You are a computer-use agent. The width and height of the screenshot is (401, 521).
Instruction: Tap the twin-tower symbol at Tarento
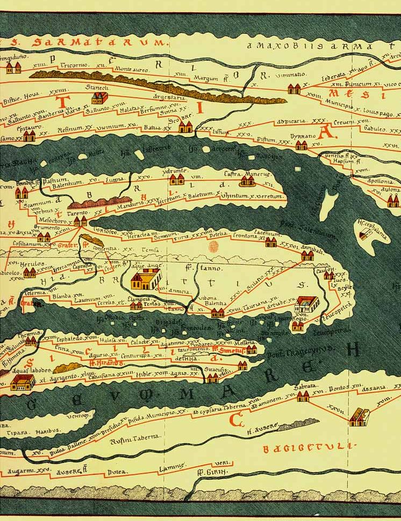tap(80, 221)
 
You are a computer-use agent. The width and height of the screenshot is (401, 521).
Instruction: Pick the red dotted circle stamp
tap(213, 247)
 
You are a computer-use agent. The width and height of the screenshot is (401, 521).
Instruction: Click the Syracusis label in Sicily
tap(217, 370)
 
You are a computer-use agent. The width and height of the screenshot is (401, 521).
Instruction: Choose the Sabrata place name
tap(305, 386)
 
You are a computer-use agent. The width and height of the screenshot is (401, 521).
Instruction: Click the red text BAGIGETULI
tap(310, 446)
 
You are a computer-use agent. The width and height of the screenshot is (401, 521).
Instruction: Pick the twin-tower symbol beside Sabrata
tap(303, 397)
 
